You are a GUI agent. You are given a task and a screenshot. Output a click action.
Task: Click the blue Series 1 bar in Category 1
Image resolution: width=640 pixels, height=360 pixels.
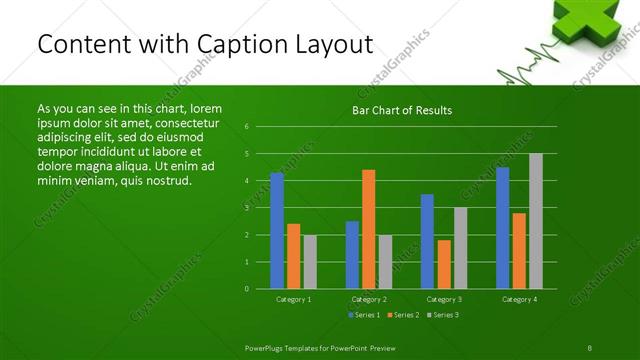pos(277,231)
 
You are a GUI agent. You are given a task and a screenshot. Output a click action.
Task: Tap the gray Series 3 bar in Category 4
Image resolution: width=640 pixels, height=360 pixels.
pos(536,221)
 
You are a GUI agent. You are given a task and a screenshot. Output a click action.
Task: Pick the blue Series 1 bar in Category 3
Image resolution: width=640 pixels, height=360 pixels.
pos(427,241)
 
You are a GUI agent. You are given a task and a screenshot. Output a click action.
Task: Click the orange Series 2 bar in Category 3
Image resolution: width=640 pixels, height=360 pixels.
pos(443,264)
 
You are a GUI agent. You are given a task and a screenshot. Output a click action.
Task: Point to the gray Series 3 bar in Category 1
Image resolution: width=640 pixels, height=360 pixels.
pos(310,262)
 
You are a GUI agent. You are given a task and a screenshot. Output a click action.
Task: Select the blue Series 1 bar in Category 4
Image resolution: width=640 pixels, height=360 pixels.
pos(502,228)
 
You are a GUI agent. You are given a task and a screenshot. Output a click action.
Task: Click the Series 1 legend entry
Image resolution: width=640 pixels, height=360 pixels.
pos(363,315)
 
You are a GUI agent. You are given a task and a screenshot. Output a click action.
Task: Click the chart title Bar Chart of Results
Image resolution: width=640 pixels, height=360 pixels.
pos(402,110)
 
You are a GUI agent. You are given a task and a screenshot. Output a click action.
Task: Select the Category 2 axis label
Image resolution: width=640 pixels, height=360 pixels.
pos(368,299)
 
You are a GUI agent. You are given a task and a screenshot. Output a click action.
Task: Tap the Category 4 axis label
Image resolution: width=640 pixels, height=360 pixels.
pos(519,299)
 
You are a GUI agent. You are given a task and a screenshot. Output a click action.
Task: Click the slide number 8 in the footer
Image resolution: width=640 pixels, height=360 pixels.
pos(589,347)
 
